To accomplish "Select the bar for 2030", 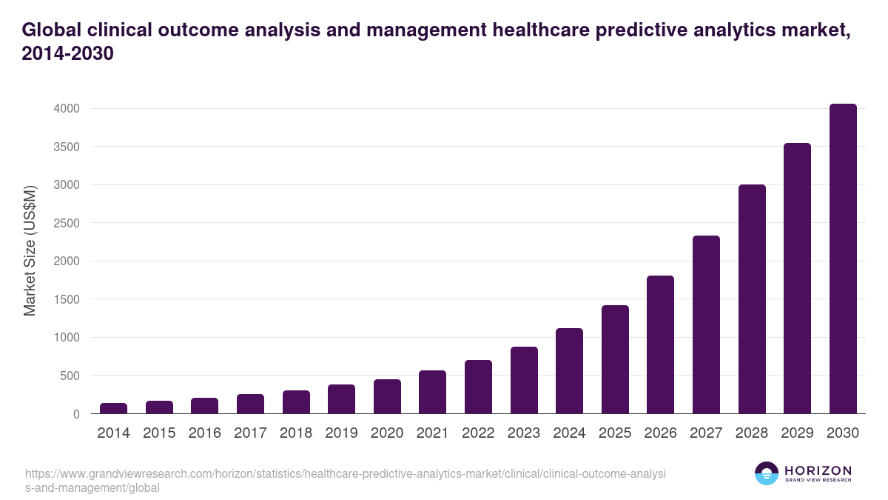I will [x=843, y=259].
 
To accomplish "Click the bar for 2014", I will [x=114, y=408].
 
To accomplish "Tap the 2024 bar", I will [x=569, y=371].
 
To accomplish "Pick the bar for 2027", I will [x=706, y=324].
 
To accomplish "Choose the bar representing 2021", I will [x=432, y=392].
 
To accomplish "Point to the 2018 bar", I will [x=296, y=402].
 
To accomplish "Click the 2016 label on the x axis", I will [x=205, y=433].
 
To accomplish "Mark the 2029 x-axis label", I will [x=797, y=433].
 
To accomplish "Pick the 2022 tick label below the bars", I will [x=478, y=433].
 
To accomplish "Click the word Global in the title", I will [x=52, y=30].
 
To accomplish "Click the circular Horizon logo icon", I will [x=766, y=473].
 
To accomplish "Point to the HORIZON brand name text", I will [x=818, y=470].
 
